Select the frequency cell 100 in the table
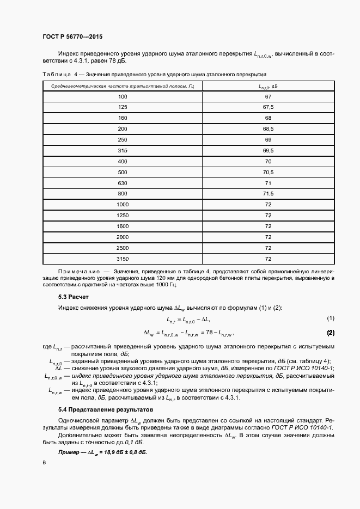tap(123, 96)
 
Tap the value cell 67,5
tap(268, 107)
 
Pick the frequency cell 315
tap(123, 150)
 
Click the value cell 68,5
tap(268, 128)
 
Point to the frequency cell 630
tap(123, 182)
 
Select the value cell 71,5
tap(268, 193)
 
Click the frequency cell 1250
tap(123, 215)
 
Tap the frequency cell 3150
tap(123, 259)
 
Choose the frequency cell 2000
tap(123, 237)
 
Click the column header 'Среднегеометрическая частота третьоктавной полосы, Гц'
tap(123, 86)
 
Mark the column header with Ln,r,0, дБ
tap(268, 86)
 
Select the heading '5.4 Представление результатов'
tap(106, 409)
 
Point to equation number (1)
tap(330, 318)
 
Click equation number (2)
tap(330, 332)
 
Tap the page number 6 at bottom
tap(44, 462)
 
